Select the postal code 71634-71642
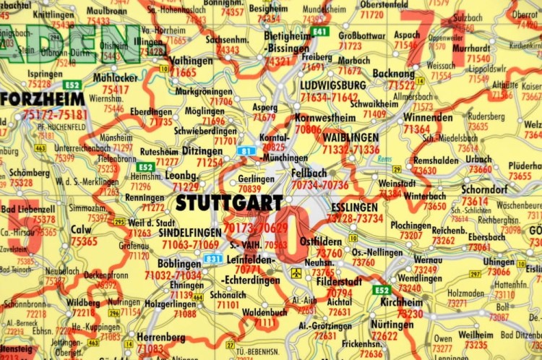[329, 97]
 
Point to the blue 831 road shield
[212, 258]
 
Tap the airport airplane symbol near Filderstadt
[296, 273]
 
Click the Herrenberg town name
[160, 338]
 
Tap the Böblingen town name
[179, 264]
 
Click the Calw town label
[81, 231]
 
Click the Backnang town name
[392, 74]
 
